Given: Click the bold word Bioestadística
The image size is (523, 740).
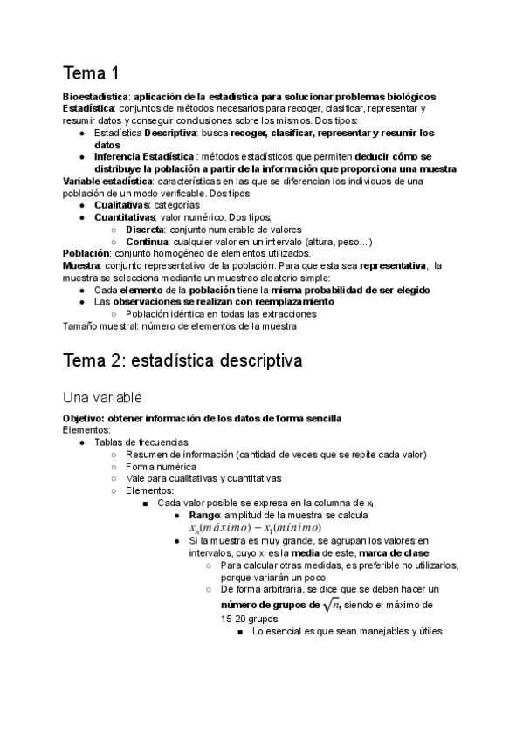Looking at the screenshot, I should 96,96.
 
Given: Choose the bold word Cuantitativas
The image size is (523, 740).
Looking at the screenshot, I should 126,217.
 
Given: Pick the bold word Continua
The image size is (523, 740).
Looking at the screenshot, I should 147,241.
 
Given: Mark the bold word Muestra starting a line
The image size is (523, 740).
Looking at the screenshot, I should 81,265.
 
